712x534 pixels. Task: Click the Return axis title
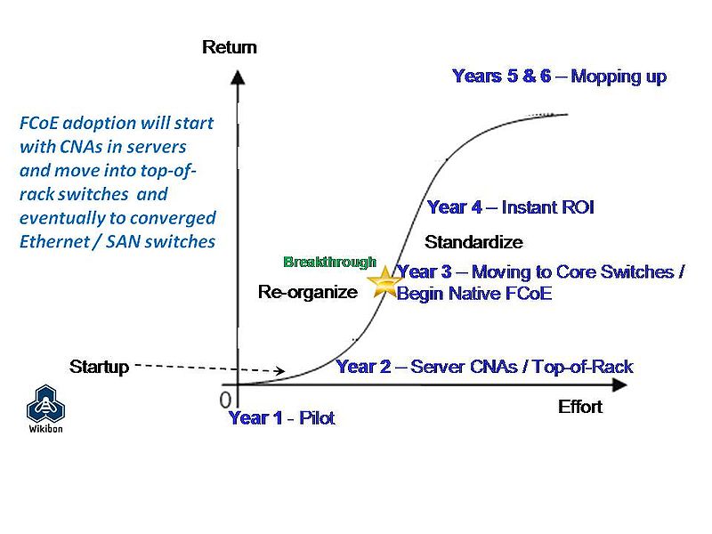230,47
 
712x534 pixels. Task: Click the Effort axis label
580,407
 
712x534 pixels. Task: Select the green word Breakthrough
329,262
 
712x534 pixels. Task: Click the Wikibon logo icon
44,406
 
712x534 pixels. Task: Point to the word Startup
99,367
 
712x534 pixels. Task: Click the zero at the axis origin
226,399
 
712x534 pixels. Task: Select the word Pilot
317,417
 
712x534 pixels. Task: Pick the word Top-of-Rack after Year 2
584,366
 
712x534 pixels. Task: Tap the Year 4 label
455,207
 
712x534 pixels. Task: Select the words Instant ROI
547,207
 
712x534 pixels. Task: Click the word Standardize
473,242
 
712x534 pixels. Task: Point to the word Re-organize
307,292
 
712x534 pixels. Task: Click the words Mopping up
619,76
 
